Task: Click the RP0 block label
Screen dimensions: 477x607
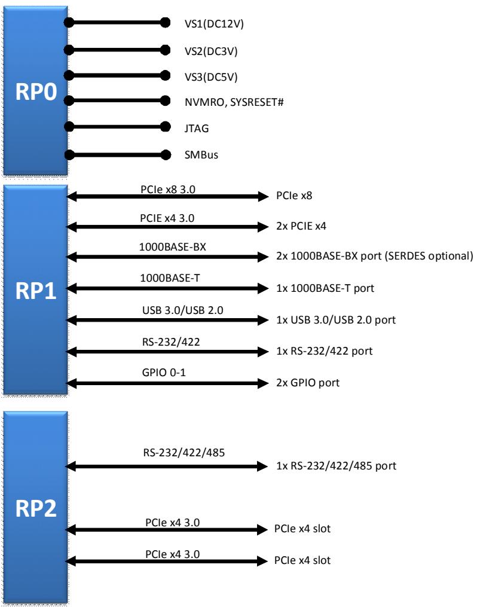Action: pos(36,91)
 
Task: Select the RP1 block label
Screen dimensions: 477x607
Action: pos(36,291)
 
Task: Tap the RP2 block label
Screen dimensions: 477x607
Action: pos(36,508)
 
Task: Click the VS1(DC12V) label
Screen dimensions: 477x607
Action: pos(214,24)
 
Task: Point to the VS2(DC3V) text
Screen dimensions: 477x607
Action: pos(211,51)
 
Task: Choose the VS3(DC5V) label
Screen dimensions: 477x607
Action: pos(211,77)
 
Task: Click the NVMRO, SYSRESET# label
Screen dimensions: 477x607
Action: pos(234,102)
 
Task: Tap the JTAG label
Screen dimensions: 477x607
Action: pos(197,128)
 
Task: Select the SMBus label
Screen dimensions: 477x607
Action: pos(201,155)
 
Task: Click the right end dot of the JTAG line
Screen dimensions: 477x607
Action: pos(166,126)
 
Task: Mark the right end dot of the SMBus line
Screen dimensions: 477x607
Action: pos(166,155)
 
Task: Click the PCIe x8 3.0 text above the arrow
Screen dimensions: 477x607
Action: pos(168,190)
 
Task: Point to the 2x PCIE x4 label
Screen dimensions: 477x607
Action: pos(301,226)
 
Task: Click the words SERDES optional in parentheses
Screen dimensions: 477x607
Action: pos(429,256)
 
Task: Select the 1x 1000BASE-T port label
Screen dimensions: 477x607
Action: pos(325,288)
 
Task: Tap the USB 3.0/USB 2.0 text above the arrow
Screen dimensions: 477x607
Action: pos(182,310)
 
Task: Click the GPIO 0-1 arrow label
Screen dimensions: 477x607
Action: pos(164,373)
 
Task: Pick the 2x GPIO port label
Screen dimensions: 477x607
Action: pos(308,383)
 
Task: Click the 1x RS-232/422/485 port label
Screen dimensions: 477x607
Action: pos(336,466)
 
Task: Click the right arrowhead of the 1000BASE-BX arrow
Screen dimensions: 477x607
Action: pos(264,257)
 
